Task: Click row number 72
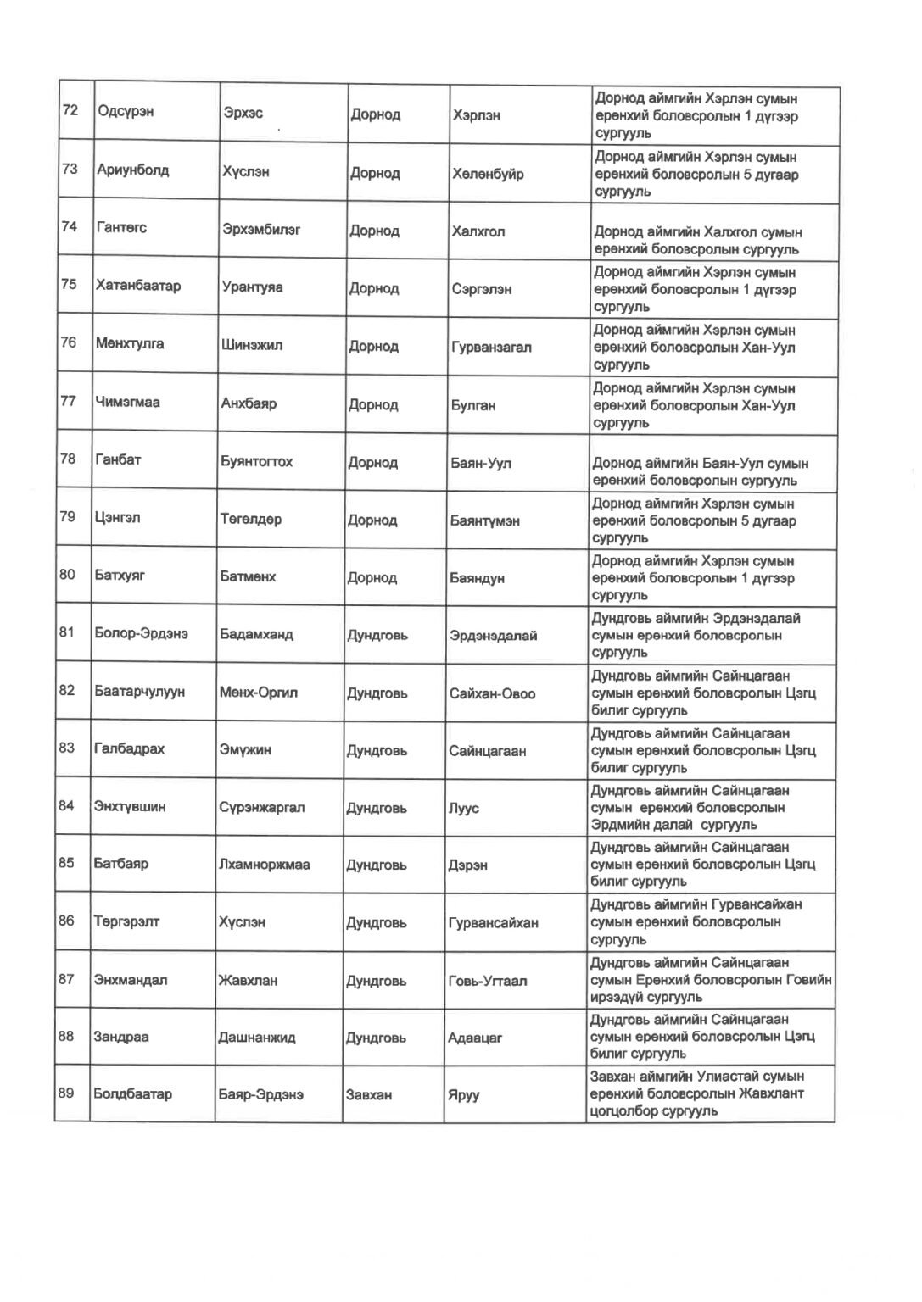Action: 70,110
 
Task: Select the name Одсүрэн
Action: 126,112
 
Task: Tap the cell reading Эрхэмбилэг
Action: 261,230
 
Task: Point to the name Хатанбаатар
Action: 138,286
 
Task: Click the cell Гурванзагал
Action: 491,348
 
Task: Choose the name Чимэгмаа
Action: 128,402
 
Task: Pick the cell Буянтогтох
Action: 256,462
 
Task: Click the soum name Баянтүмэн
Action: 484,521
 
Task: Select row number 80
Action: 67,575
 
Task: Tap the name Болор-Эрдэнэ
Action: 141,634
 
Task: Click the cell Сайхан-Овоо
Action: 492,693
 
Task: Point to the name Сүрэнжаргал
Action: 261,808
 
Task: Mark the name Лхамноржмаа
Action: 264,865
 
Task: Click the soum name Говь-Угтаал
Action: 487,982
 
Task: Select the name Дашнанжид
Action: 256,1038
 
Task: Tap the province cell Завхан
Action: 368,1095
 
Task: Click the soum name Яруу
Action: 463,1095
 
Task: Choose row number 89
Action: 66,1093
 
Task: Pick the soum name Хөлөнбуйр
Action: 488,175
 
